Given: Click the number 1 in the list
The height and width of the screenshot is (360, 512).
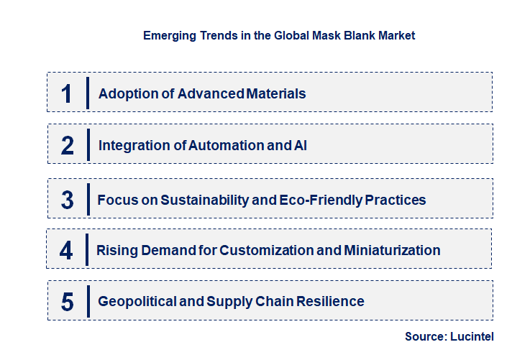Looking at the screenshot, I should tap(67, 93).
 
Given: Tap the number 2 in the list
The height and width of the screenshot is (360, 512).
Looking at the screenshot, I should tap(68, 145).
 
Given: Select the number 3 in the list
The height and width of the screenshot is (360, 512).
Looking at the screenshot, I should tap(68, 200).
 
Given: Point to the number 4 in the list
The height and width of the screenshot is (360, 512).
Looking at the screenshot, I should tap(67, 251).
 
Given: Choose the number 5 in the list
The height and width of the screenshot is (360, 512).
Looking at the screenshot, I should tap(68, 302).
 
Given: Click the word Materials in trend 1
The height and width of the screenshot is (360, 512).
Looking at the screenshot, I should tap(276, 93).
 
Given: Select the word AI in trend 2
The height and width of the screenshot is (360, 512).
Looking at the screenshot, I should tap(301, 145).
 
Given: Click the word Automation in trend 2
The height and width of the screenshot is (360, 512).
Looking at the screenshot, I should tap(222, 145).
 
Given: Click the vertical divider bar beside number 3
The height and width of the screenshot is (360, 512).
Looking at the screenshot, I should tap(87, 198).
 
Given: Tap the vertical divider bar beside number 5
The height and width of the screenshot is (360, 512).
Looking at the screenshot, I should tap(87, 300).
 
